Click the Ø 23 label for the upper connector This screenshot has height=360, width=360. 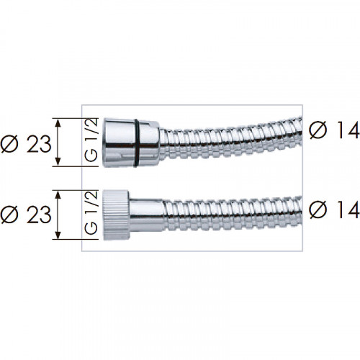[x=26, y=144]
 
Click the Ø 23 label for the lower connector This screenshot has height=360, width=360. [x=26, y=215]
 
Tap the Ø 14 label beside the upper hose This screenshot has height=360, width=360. [x=335, y=130]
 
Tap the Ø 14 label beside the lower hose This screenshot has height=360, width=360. [x=335, y=210]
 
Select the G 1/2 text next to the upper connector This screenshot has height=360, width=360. [x=91, y=140]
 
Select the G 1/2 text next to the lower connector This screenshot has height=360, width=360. [x=91, y=212]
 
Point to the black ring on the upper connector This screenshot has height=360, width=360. [x=136, y=143]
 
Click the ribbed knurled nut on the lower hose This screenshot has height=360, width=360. [x=117, y=215]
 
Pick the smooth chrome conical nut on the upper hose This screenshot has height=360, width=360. [x=131, y=143]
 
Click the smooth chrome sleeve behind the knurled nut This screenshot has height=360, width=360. [x=148, y=215]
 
